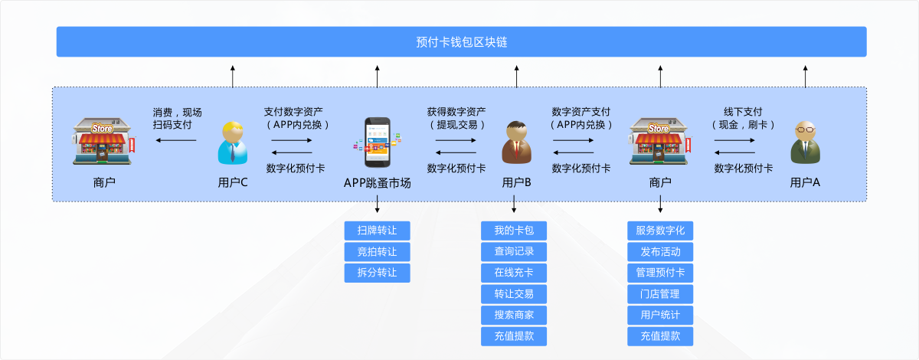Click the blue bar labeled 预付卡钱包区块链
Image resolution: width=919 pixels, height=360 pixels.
click(461, 42)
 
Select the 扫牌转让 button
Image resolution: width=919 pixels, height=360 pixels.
click(377, 231)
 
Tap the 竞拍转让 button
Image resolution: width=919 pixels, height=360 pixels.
click(377, 252)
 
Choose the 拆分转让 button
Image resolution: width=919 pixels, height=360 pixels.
click(377, 273)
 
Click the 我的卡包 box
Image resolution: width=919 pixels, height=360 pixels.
click(514, 231)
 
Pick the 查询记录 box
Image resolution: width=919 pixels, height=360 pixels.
click(514, 252)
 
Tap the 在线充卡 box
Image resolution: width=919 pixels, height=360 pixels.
click(514, 273)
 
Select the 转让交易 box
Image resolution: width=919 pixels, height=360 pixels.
click(514, 294)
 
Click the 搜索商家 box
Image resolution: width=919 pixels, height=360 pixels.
click(514, 315)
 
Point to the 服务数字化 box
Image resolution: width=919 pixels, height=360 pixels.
click(660, 231)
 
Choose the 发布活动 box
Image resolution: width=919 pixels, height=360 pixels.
click(660, 252)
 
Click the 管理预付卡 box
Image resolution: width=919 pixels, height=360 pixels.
click(660, 273)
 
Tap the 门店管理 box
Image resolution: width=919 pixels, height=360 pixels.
click(660, 294)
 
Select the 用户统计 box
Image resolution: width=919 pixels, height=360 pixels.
click(660, 315)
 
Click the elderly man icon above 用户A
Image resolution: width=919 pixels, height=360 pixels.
click(804, 142)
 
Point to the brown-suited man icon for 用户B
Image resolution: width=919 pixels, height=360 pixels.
click(515, 142)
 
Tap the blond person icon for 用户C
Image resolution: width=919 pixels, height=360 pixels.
click(233, 142)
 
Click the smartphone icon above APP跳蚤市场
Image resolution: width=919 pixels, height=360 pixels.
click(378, 142)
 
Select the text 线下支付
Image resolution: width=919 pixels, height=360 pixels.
click(743, 111)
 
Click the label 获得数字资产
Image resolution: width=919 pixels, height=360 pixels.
click(456, 111)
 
